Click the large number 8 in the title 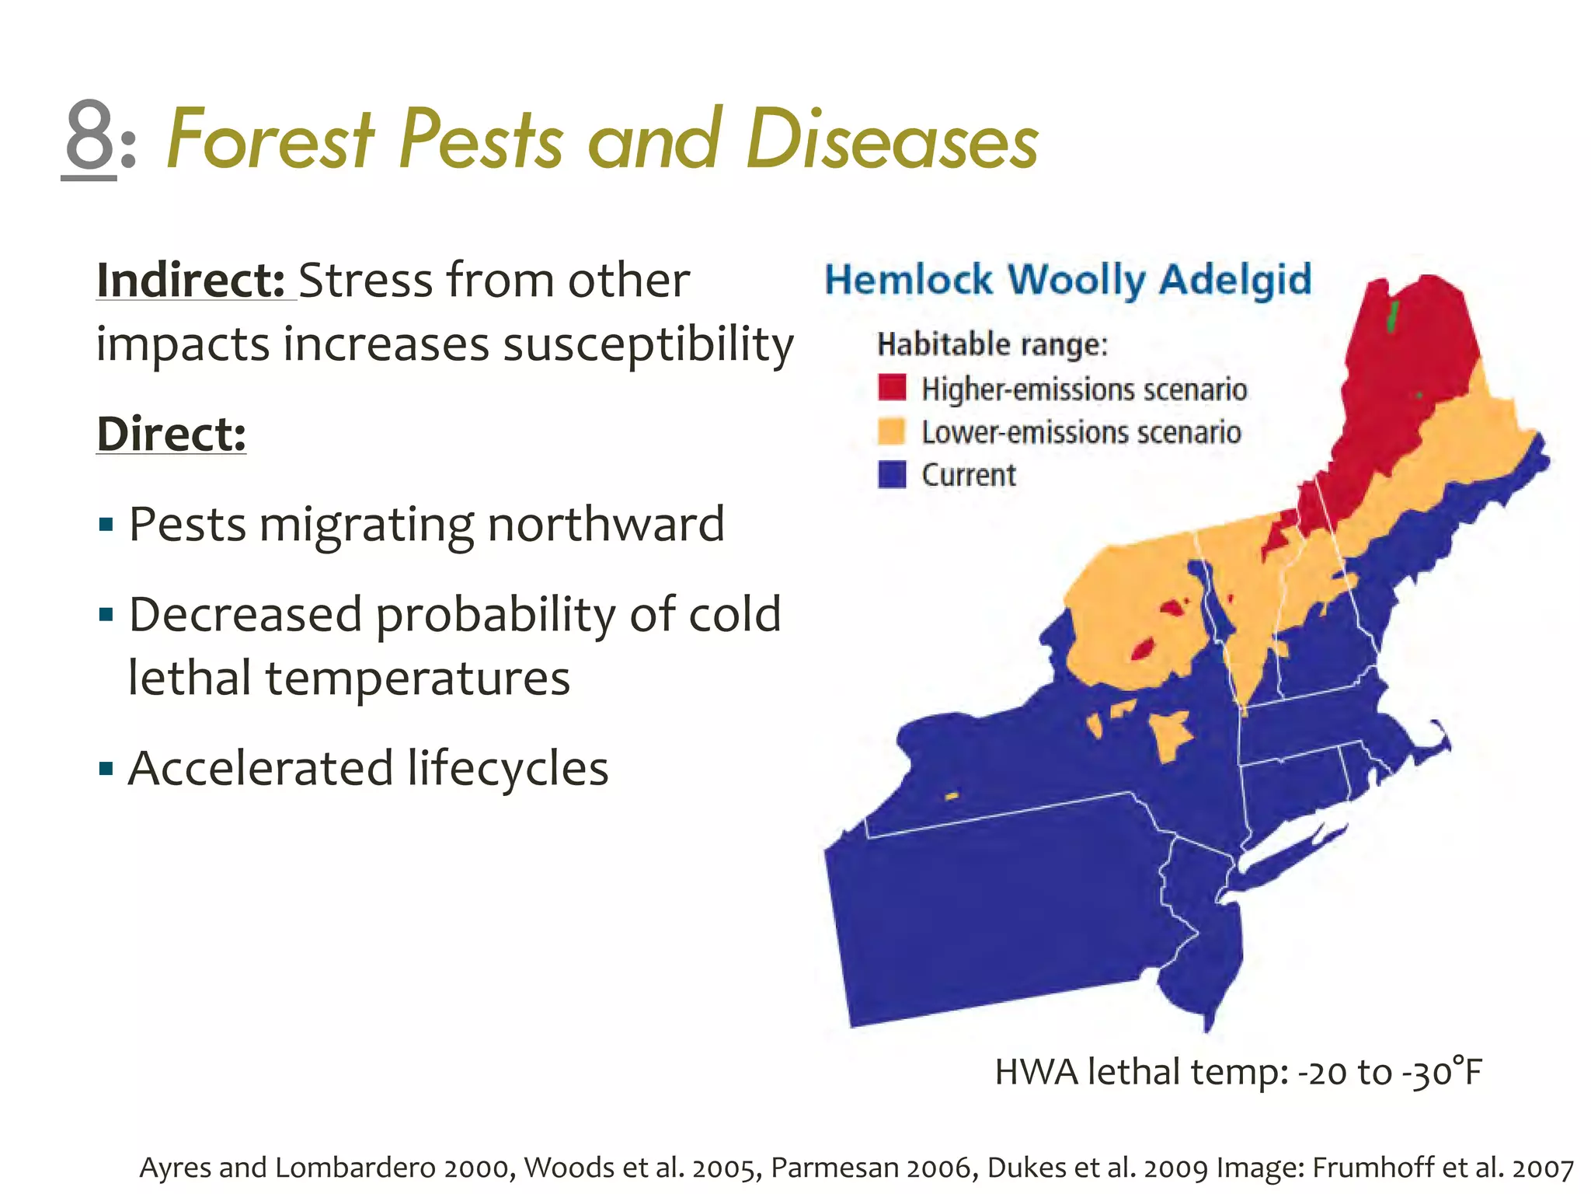coord(89,137)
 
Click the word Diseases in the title coord(891,140)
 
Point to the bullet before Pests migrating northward coord(106,525)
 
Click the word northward coord(605,524)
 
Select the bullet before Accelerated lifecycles coord(106,770)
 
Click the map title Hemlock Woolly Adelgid coord(1067,280)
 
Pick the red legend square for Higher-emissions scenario coord(892,387)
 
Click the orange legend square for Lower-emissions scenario coord(892,431)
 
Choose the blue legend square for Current coord(892,474)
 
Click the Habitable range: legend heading coord(992,344)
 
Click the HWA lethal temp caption coord(1238,1073)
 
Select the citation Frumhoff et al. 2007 coord(1443,1168)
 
